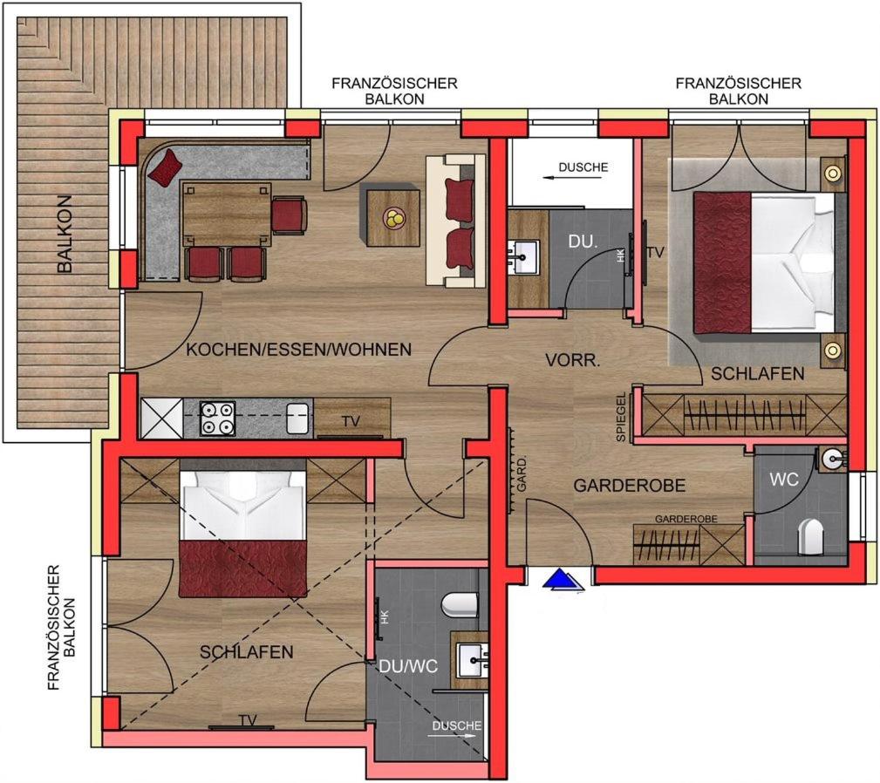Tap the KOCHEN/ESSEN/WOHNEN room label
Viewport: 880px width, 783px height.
pos(298,350)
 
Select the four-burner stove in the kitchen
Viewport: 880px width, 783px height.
pos(218,418)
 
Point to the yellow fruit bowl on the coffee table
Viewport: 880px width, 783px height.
pos(392,218)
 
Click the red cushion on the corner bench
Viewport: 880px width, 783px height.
pos(166,167)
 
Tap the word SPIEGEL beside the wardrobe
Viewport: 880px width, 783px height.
pos(621,417)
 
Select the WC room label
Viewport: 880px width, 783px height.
pos(784,480)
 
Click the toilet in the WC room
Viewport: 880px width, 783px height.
pos(810,534)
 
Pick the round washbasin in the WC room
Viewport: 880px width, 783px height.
pos(833,460)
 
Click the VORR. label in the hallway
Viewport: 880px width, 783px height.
pos(573,360)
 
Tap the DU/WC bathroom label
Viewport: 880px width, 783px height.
pos(408,666)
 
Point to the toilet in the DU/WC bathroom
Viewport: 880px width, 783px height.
pos(460,605)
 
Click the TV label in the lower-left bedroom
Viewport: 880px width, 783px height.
pos(248,719)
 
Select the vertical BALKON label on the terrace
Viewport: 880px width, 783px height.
pos(65,234)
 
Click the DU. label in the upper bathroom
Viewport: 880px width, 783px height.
pos(582,242)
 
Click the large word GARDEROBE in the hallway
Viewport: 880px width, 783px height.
pos(630,485)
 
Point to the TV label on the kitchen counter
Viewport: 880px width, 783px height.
pos(351,420)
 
